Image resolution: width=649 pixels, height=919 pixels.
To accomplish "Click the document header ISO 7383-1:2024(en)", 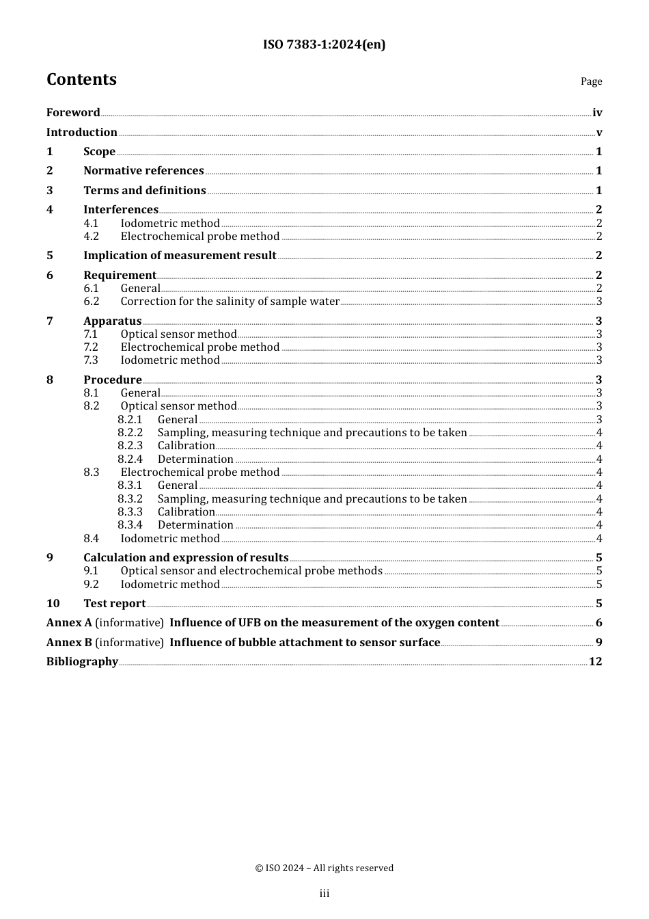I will pos(324,45).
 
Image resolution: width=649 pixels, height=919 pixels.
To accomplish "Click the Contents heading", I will pos(81,80).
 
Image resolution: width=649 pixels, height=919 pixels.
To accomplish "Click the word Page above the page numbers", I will pos(591,81).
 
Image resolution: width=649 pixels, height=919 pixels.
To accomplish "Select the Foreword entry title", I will pos(73,113).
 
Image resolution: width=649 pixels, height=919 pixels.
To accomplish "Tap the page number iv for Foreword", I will pos(597,113).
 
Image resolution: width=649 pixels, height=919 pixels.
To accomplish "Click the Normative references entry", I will pos(143,171).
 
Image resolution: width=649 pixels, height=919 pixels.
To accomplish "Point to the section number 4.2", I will pos(92,237).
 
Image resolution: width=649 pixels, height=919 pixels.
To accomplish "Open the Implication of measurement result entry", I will pos(180,256).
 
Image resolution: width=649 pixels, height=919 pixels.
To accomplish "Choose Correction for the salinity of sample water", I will pos(230,302).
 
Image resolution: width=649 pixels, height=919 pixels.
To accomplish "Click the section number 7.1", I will pos(92,334).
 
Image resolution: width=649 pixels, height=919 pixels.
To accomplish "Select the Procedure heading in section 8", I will pos(113,380).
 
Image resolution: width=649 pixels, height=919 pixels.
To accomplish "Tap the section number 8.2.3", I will pos(130,446).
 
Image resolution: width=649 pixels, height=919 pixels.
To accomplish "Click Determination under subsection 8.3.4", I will pos(195,525).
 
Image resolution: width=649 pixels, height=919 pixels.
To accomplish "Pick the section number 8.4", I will pos(92,539).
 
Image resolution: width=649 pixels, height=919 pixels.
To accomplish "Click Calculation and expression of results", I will pos(186,558).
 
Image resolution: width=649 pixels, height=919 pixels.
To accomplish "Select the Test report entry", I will pos(115,604).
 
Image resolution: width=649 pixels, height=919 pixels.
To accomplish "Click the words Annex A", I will pos(69,623).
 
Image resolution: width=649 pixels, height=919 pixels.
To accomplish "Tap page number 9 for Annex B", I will pos(598,643).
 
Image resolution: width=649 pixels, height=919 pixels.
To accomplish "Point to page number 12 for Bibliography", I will pos(595,662).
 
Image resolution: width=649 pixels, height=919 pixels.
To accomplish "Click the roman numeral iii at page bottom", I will pos(324,894).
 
